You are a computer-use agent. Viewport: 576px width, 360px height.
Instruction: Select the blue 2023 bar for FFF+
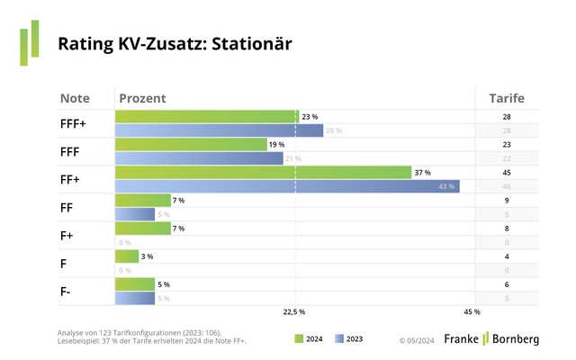tap(219, 131)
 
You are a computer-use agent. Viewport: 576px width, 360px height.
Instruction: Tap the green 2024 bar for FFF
tap(191, 144)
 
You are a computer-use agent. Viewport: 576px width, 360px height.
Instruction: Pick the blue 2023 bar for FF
tap(135, 214)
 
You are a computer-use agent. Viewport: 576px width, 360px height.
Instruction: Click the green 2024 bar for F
tap(127, 256)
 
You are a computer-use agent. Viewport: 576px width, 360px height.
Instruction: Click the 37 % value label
tap(422, 172)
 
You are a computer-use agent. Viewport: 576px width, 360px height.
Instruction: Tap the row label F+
tap(69, 235)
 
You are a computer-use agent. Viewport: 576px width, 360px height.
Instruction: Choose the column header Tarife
tap(507, 97)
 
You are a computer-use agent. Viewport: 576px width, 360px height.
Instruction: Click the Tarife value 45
tap(507, 172)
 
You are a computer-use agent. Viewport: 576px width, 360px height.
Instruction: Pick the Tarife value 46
tap(507, 186)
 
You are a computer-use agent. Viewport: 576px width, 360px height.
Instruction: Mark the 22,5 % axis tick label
tap(294, 312)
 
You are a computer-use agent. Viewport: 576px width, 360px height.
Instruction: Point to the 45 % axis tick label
tap(472, 312)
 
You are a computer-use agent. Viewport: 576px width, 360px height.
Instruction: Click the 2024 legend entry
tap(308, 339)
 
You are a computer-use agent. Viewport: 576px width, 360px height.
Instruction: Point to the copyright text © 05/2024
tap(418, 340)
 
